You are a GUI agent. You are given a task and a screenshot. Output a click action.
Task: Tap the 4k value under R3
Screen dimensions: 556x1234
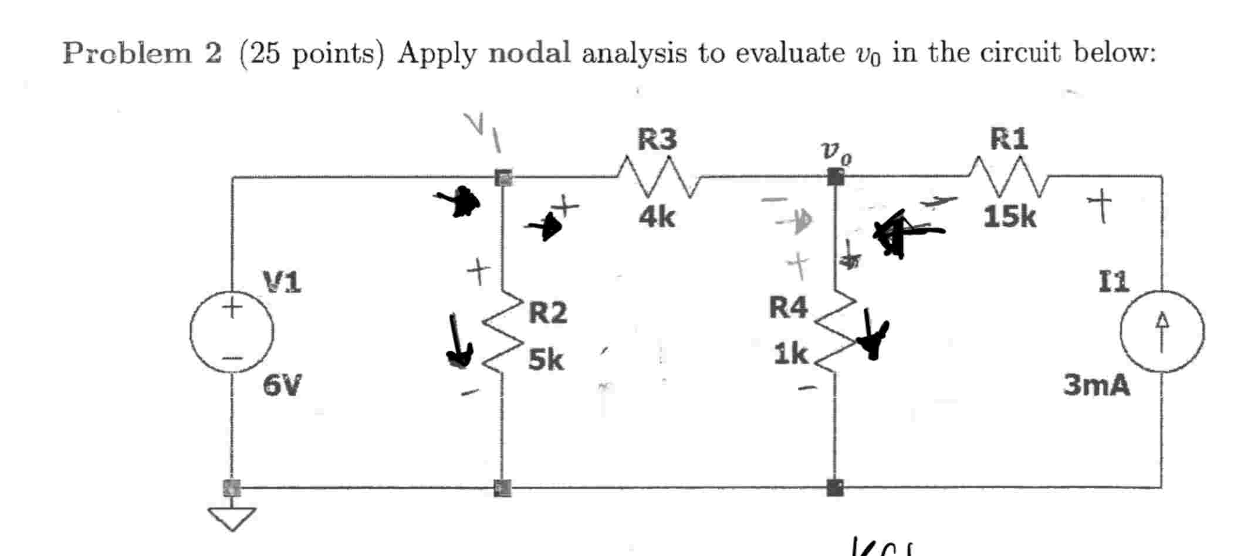[x=657, y=218]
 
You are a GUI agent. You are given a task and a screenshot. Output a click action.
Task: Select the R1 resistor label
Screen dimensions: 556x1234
[x=1009, y=139]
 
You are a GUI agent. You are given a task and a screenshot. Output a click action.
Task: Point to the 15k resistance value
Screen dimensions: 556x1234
[x=1009, y=217]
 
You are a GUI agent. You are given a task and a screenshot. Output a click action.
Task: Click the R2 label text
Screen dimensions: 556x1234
[x=547, y=313]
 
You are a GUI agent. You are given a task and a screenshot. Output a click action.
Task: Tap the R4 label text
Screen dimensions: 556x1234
[x=788, y=307]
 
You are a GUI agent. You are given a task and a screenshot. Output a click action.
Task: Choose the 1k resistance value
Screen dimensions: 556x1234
[x=790, y=354]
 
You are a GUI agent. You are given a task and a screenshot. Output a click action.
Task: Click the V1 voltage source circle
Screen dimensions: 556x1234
[x=231, y=331]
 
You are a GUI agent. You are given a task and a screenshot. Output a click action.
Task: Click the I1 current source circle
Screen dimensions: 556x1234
[x=1162, y=331]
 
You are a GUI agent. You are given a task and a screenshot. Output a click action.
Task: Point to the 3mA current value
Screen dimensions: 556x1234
[x=1097, y=385]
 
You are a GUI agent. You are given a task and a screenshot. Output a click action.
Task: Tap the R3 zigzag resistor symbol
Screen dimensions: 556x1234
[x=657, y=175]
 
